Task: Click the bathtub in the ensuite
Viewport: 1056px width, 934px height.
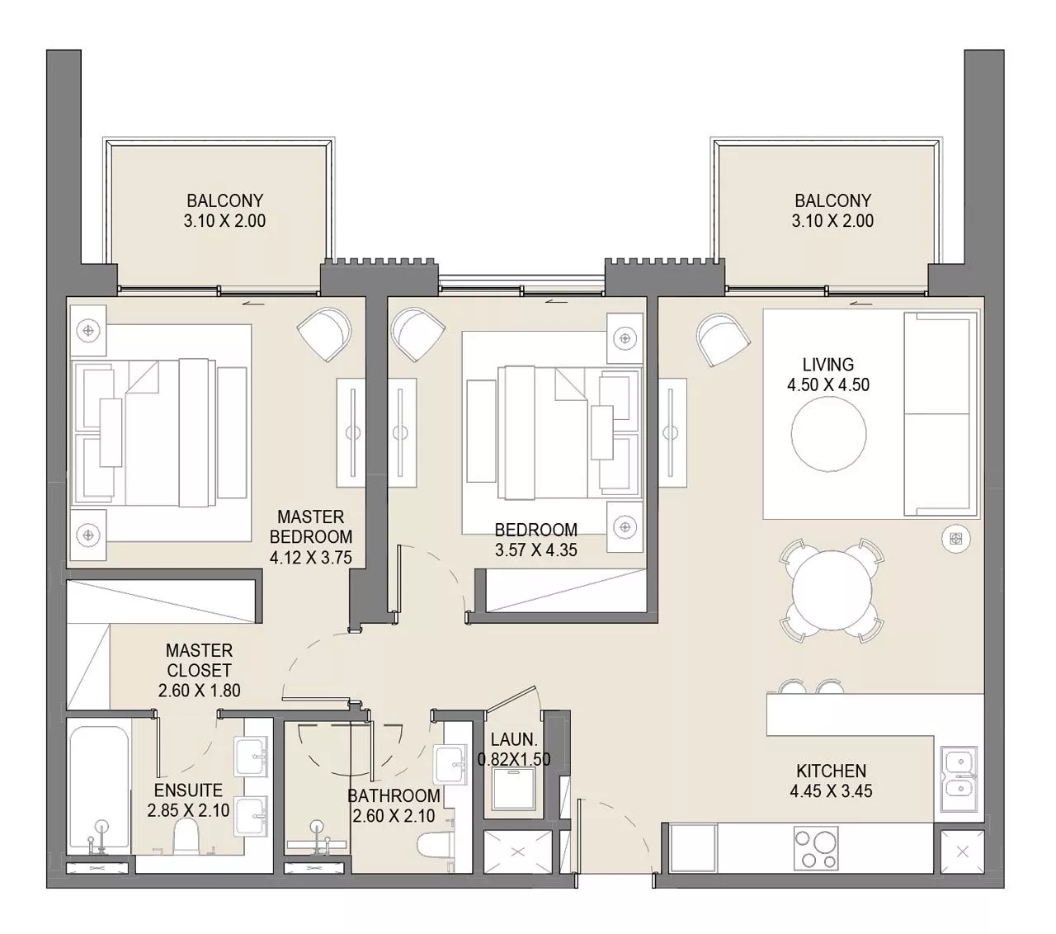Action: click(x=98, y=788)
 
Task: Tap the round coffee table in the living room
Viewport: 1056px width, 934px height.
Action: click(x=828, y=435)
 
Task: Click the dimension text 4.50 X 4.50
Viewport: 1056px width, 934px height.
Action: click(x=828, y=384)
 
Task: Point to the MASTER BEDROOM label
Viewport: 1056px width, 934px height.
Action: click(x=310, y=526)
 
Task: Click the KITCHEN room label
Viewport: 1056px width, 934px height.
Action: click(x=831, y=771)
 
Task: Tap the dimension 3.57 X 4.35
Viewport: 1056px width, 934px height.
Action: click(x=535, y=550)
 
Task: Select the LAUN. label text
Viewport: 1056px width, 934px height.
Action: click(x=514, y=740)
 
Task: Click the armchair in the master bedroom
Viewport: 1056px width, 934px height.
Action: click(x=323, y=333)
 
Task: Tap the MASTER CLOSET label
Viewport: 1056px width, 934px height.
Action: click(x=199, y=660)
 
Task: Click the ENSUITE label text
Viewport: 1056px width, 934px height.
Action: click(x=188, y=790)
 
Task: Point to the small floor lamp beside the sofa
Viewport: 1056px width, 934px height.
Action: click(x=955, y=539)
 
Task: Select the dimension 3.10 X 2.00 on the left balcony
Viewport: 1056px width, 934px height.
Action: click(x=224, y=221)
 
